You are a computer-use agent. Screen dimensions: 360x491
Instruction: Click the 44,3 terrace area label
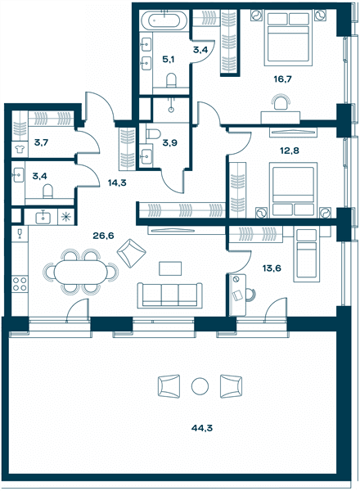[x=201, y=428]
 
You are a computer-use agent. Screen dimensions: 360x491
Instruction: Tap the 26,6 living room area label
[x=103, y=236]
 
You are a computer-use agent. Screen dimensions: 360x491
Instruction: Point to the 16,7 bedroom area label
[x=282, y=79]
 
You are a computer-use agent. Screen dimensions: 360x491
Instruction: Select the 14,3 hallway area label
[x=117, y=182]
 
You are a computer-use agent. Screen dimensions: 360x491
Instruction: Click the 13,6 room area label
[x=272, y=268]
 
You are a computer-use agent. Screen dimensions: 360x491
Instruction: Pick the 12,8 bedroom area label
[x=290, y=151]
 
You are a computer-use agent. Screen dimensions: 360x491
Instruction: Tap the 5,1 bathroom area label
[x=168, y=59]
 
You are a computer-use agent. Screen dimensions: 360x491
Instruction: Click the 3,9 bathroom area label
[x=169, y=143]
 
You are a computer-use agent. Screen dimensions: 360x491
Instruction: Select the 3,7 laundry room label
[x=42, y=142]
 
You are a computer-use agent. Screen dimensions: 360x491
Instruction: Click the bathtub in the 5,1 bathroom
[x=164, y=20]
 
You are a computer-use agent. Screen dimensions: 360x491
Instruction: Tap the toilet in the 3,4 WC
[x=47, y=191]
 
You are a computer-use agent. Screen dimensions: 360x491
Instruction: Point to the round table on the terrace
[x=200, y=387]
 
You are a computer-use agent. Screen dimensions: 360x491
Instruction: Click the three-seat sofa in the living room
[x=170, y=295]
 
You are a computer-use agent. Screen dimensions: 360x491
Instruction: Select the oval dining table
[x=80, y=272]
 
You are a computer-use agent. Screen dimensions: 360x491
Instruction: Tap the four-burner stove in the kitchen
[x=20, y=284]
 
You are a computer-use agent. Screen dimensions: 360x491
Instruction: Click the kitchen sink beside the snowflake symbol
[x=43, y=217]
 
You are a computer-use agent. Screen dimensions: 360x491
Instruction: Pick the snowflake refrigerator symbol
[x=65, y=217]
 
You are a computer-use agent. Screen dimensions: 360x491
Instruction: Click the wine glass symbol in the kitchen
[x=20, y=233]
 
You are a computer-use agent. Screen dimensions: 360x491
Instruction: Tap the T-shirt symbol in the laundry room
[x=20, y=150]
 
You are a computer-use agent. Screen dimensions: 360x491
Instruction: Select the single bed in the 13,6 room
[x=307, y=255]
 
